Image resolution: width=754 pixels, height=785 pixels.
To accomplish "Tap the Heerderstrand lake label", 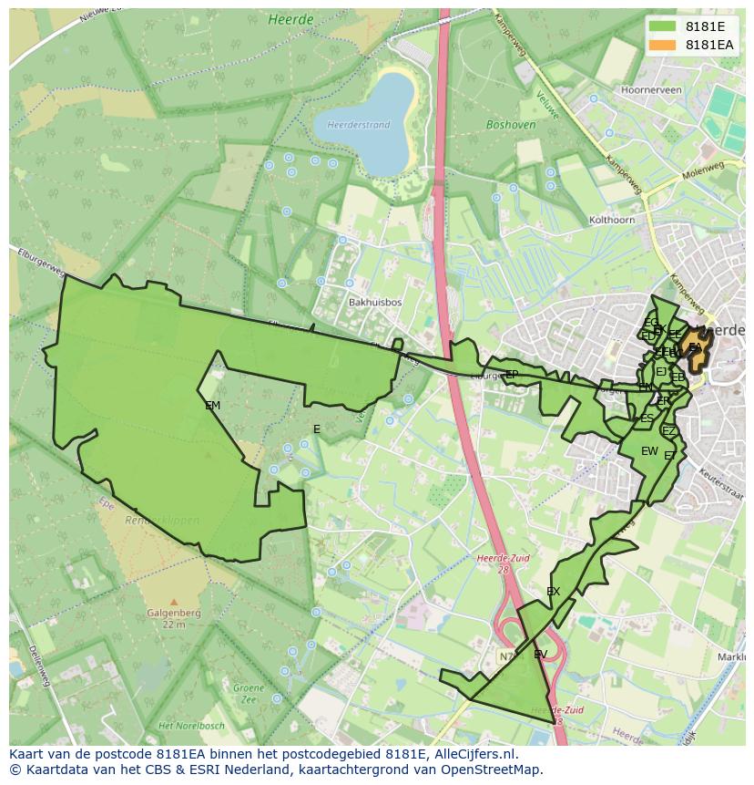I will pos(358,125).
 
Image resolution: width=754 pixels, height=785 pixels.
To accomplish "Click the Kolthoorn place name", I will pos(612,220).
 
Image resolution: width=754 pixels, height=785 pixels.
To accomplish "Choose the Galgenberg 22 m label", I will pos(174,618).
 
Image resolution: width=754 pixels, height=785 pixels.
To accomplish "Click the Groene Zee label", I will pos(248,693).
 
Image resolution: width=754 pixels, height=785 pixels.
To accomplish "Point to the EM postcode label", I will pos(212,406).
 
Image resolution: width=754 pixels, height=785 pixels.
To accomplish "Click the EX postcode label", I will pos(553,592).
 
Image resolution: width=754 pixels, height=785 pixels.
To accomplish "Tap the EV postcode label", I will pos(540,655).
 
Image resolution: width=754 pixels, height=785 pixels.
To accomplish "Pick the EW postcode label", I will pos(649,451).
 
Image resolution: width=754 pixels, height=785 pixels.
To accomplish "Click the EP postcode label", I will pos(511,375).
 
